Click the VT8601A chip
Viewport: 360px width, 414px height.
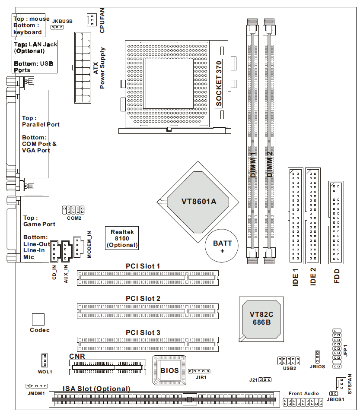point(198,201)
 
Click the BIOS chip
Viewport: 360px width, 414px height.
point(169,370)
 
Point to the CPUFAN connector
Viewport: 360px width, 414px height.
point(90,19)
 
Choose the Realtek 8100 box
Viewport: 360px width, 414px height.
point(122,238)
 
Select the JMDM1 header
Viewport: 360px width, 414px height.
point(37,386)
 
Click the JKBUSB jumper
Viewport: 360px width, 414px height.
point(57,27)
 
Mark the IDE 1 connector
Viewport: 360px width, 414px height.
point(295,216)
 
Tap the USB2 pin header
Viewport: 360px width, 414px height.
point(289,360)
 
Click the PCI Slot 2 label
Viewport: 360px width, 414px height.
point(143,298)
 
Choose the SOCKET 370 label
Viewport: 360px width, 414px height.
point(219,84)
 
